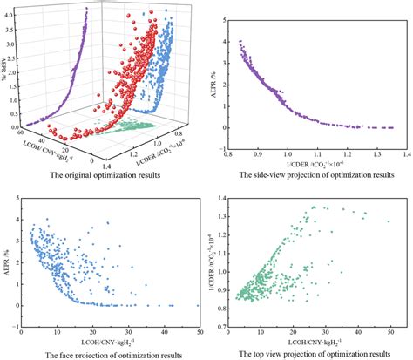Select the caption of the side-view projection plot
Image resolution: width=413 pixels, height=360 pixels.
pyautogui.click(x=311, y=173)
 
